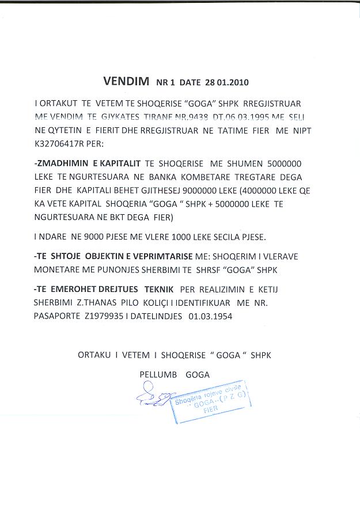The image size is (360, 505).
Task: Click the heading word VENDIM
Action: (125, 81)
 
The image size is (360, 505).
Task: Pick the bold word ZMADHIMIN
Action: (62, 164)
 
